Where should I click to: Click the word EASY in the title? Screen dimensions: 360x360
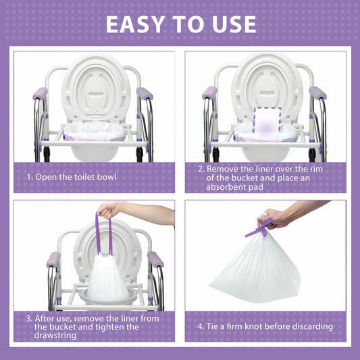pyautogui.click(x=135, y=24)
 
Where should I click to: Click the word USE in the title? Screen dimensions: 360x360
pyautogui.click(x=234, y=24)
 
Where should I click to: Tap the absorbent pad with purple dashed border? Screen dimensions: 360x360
pyautogui.click(x=267, y=120)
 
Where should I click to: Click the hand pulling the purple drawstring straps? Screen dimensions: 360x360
pyautogui.click(x=108, y=209)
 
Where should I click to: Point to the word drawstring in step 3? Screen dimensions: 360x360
pyautogui.click(x=55, y=335)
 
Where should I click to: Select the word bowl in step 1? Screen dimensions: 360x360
pyautogui.click(x=107, y=177)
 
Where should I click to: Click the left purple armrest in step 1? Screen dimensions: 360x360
pyautogui.click(x=40, y=93)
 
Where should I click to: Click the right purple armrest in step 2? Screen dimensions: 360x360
pyautogui.click(x=317, y=93)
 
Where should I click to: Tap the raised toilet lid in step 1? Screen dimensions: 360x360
pyautogui.click(x=96, y=88)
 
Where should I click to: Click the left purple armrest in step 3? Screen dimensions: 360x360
pyautogui.click(x=53, y=259)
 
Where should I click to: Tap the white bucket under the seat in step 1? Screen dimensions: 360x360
pyautogui.click(x=95, y=153)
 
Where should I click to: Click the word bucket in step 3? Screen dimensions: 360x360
pyautogui.click(x=63, y=326)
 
